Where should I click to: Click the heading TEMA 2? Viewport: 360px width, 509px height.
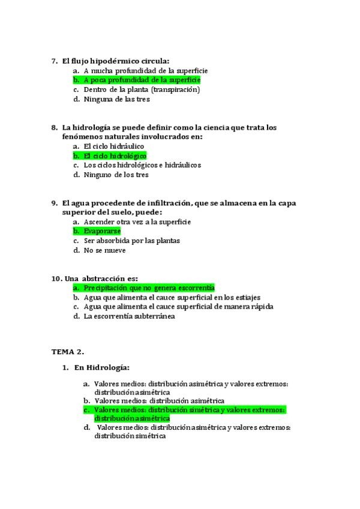pos(67,351)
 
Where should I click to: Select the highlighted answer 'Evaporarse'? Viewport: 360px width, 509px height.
pos(102,230)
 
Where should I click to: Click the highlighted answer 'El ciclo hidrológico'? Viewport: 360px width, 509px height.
pos(115,155)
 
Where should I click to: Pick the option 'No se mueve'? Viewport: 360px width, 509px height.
pos(105,250)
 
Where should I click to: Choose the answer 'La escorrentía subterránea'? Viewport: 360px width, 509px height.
pos(129,316)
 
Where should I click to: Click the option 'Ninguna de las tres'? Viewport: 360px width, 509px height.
pos(116,99)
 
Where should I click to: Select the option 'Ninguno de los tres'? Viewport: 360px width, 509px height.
pos(116,175)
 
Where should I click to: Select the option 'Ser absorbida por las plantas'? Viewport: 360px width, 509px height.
pos(131,241)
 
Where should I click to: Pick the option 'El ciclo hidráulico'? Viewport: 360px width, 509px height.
pos(113,146)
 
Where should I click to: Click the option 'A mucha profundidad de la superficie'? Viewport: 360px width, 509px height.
pos(146,70)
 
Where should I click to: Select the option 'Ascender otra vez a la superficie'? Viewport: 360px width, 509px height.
pos(137,221)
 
